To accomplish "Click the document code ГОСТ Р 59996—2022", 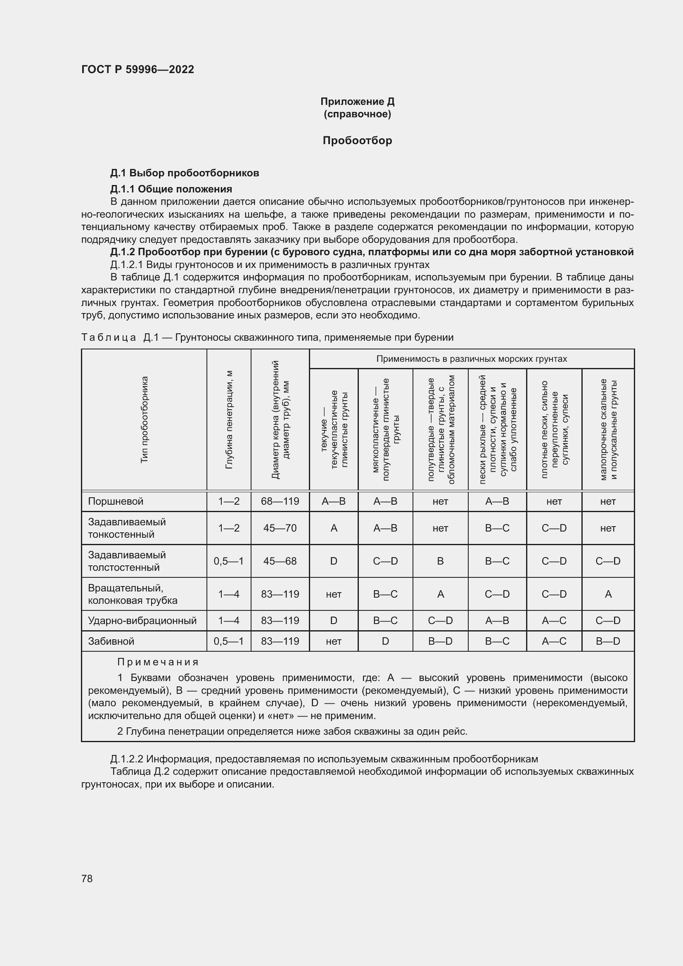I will (138, 69).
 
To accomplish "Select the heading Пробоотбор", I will (357, 140).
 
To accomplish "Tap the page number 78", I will (87, 878).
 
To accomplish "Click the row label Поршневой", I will (116, 501).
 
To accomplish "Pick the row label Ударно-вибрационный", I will (142, 621).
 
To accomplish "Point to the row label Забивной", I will (111, 641).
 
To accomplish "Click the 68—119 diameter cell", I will (280, 501).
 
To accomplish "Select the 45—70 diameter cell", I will (280, 528).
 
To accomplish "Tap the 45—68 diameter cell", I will (280, 561).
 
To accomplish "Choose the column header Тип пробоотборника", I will (144, 420).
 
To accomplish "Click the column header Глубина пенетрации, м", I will (229, 420).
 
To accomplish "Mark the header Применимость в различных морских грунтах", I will (472, 359).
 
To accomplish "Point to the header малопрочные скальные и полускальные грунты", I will (608, 429).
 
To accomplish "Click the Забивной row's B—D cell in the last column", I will (608, 641).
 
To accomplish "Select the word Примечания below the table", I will (158, 662).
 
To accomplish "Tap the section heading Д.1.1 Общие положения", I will (171, 189).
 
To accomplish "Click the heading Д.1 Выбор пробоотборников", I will (185, 173).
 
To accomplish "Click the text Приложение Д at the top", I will (357, 102).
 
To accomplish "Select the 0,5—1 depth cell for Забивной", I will (228, 641).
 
